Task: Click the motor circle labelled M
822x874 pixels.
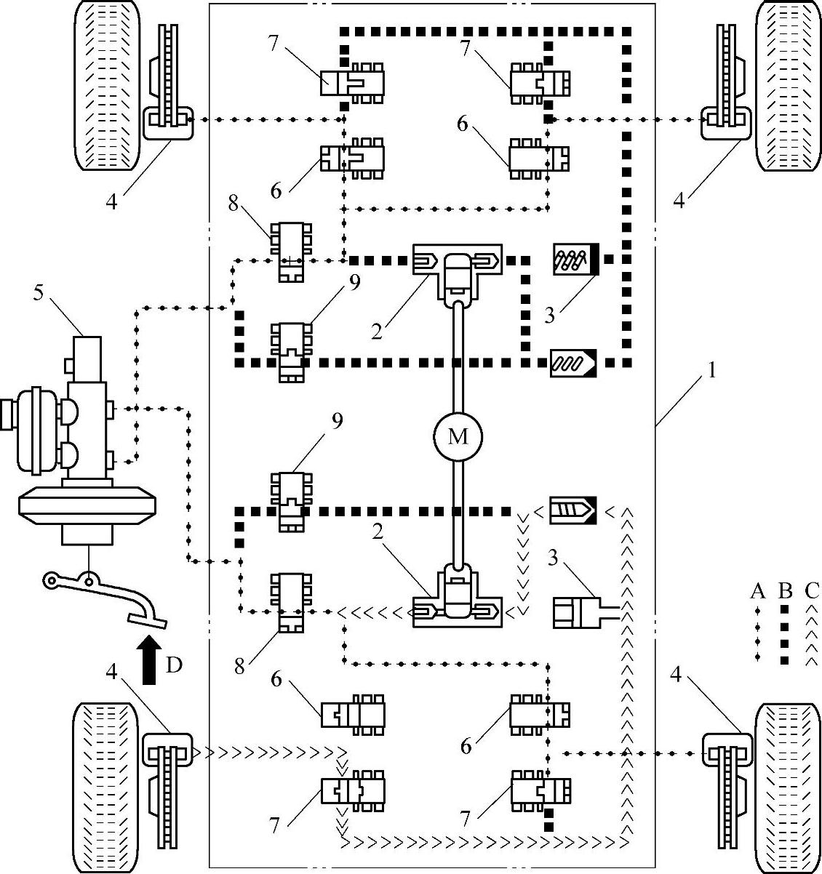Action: click(458, 436)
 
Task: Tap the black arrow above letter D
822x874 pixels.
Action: click(149, 660)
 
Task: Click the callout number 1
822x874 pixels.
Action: click(712, 371)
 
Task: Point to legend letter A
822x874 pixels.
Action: click(758, 591)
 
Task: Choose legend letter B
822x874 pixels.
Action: click(784, 591)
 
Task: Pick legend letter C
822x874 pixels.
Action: click(811, 591)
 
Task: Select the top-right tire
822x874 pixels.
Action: click(788, 86)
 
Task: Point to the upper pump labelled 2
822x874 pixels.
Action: click(456, 270)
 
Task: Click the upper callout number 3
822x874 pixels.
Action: click(549, 316)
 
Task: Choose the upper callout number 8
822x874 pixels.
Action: click(234, 203)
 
